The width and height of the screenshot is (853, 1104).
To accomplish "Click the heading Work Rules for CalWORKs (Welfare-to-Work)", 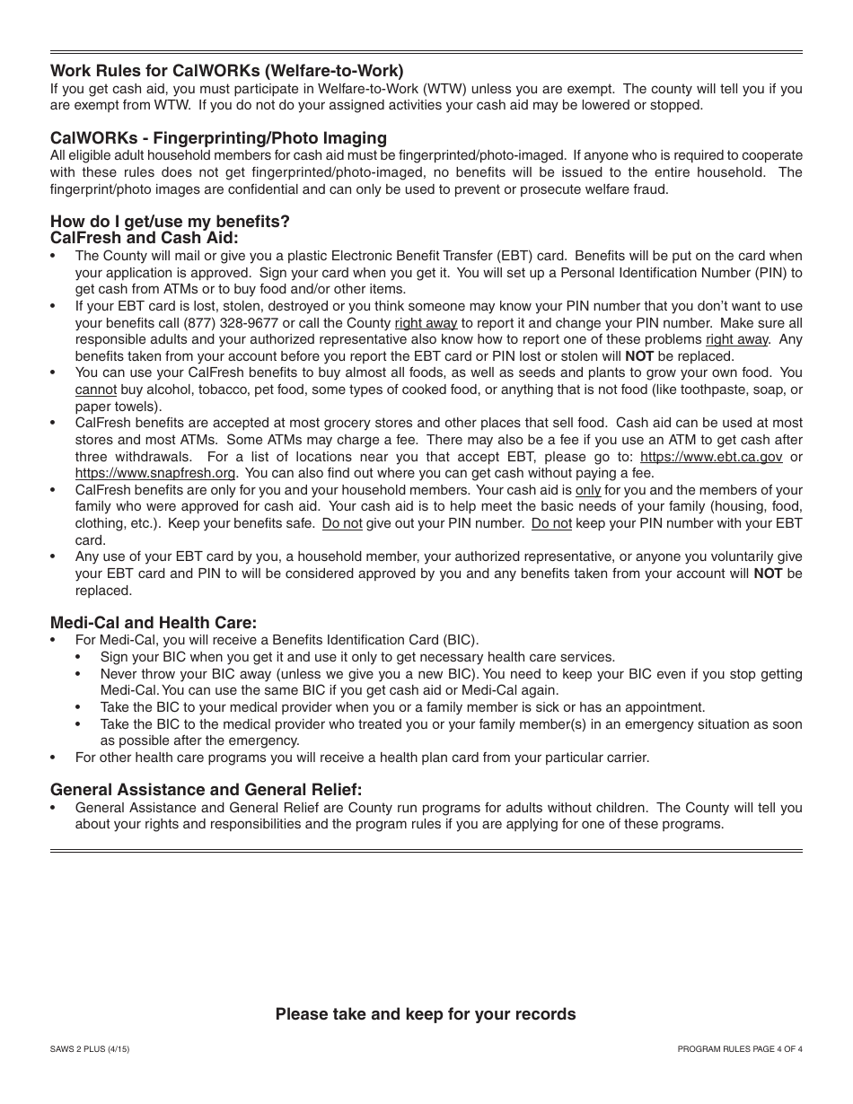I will (226, 70).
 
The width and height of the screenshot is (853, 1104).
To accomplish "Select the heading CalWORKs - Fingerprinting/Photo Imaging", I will (218, 137).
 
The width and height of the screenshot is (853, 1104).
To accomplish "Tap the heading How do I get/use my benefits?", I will (170, 221).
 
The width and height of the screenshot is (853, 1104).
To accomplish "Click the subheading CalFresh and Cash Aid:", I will (145, 238).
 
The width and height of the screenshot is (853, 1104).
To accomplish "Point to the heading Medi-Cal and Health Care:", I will (154, 622).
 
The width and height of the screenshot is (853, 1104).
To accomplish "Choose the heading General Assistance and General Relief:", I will (207, 789).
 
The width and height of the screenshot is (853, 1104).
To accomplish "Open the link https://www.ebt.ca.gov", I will (711, 456).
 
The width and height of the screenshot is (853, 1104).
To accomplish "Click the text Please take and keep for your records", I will (426, 1014).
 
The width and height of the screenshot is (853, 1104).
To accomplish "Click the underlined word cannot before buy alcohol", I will (95, 390).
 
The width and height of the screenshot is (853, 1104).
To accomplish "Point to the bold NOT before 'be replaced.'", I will (639, 356).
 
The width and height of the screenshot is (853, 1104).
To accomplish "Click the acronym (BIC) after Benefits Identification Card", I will (460, 640).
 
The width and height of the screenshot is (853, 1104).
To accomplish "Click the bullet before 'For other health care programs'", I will (55, 758).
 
